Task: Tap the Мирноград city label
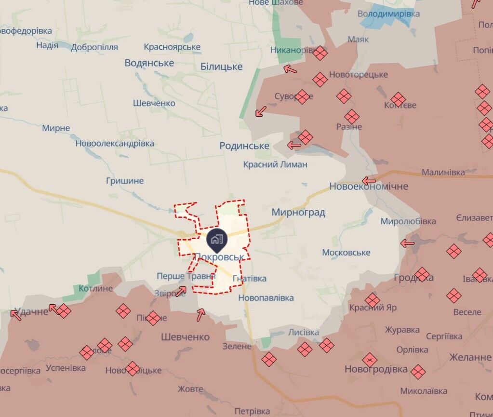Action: click(298, 212)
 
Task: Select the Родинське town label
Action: click(244, 146)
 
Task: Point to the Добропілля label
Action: click(94, 47)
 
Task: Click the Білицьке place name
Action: click(222, 67)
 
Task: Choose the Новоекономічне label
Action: click(369, 186)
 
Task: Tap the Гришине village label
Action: click(125, 181)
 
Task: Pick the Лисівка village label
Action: click(304, 333)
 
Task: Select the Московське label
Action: click(346, 253)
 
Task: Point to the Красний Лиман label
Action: click(275, 164)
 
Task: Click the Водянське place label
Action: click(149, 63)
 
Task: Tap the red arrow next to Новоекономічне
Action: click(369, 181)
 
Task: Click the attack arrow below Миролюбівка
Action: click(408, 243)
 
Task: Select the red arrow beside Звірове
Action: click(181, 291)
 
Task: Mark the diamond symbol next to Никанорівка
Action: click(320, 53)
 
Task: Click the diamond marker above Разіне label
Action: click(352, 116)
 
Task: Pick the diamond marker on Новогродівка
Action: click(370, 359)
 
